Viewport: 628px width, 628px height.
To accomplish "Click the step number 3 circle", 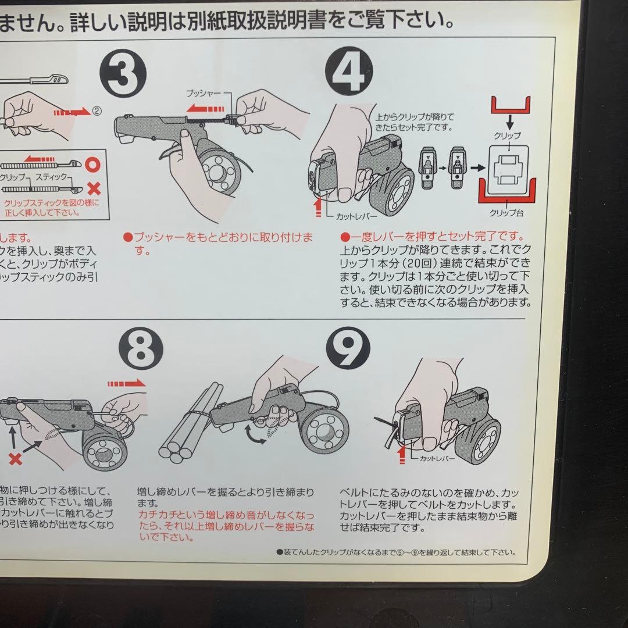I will (x=123, y=73).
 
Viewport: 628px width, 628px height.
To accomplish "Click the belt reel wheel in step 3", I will (x=219, y=169).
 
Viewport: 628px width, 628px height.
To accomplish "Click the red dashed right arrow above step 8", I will (x=126, y=383).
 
